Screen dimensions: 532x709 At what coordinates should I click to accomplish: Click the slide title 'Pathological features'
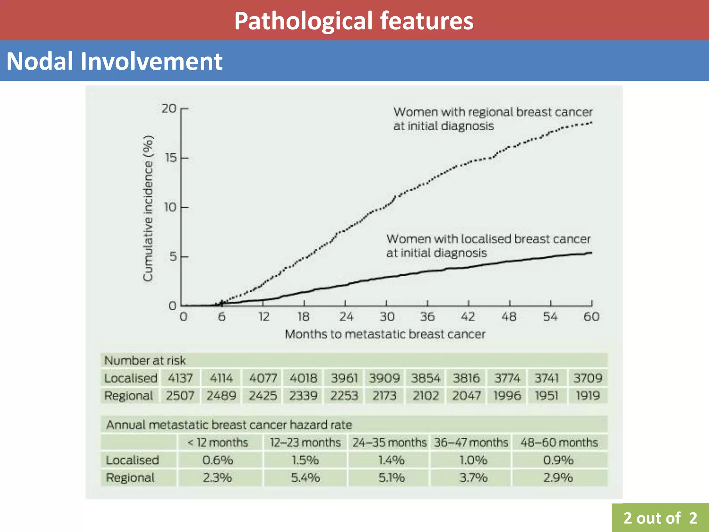[354, 21]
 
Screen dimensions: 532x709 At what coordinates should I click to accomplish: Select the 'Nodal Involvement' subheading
[114, 61]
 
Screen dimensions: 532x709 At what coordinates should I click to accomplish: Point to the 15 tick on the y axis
[171, 158]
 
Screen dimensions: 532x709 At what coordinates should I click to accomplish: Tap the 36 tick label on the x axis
[427, 317]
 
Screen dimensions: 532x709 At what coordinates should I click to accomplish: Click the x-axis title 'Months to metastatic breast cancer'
[385, 334]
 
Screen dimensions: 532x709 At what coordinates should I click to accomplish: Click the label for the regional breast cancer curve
[493, 119]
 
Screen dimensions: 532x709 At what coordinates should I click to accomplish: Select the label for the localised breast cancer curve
[488, 246]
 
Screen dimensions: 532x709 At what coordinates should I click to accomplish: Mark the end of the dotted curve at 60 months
[592, 123]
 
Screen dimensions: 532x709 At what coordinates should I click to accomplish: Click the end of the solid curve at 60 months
[591, 253]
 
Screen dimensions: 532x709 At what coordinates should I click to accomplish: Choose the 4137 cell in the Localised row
[180, 378]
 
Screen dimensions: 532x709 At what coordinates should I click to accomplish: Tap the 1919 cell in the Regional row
[587, 396]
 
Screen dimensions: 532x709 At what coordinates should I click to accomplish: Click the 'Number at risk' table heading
[145, 361]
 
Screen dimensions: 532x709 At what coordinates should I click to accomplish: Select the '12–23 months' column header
[305, 443]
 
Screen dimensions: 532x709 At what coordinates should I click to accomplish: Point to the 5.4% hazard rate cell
[305, 478]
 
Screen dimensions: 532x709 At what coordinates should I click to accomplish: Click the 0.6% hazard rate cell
[218, 460]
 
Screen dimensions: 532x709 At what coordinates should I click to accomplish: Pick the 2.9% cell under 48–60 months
[558, 478]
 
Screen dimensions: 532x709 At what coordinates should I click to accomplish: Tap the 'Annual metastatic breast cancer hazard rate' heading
[229, 425]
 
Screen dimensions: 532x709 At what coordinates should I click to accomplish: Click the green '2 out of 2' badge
[660, 518]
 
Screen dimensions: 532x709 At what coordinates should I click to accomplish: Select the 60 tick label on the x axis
[591, 317]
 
